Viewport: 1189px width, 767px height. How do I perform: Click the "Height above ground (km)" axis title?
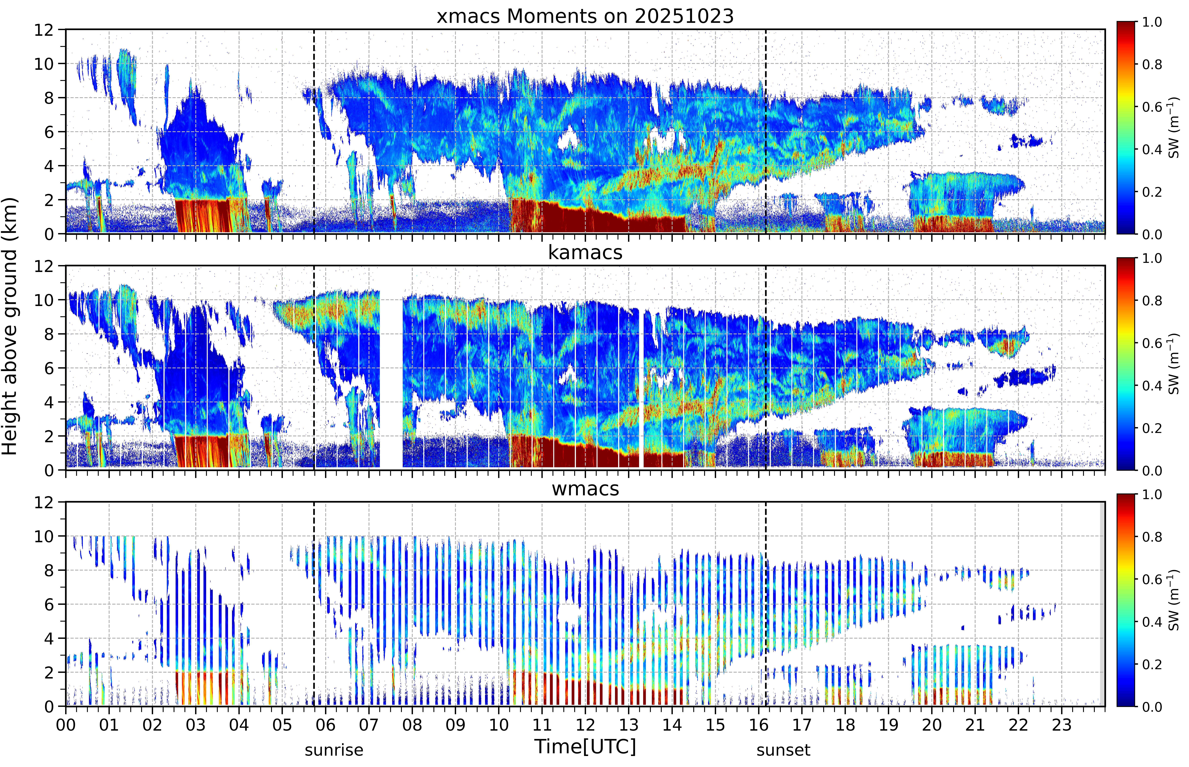9,326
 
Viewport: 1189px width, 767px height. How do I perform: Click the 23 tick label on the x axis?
1062,725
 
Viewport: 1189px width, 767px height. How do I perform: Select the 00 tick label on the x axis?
66,725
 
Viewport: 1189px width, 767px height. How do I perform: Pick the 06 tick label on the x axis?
326,725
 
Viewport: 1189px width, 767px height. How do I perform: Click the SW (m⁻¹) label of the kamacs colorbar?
1174,364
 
